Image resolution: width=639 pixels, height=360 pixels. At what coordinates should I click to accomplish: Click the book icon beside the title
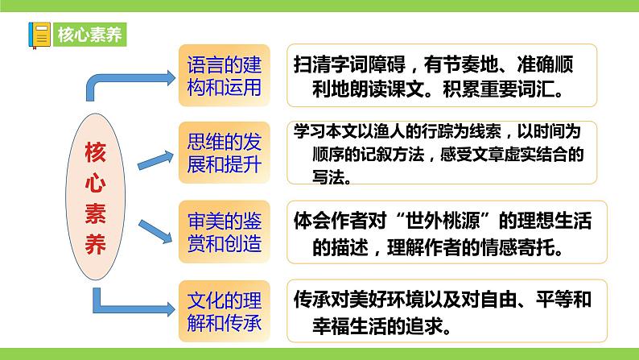(39, 35)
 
